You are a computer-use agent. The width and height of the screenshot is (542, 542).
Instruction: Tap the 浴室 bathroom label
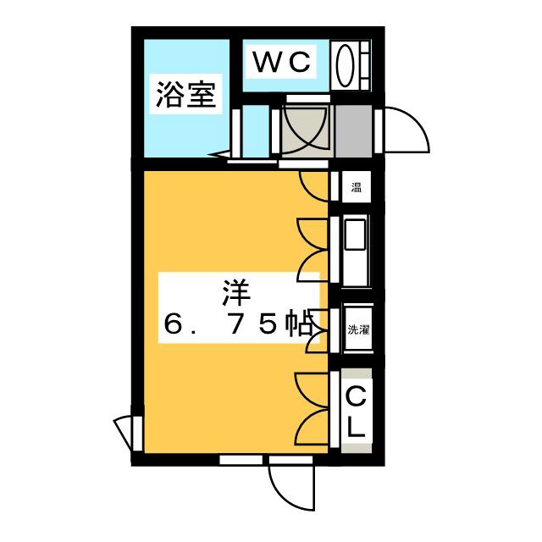183,95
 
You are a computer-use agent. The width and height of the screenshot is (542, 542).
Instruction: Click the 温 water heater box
356,188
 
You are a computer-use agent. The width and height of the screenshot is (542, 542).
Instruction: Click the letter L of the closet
357,428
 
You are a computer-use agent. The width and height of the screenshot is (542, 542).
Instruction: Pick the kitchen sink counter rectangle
356,251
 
